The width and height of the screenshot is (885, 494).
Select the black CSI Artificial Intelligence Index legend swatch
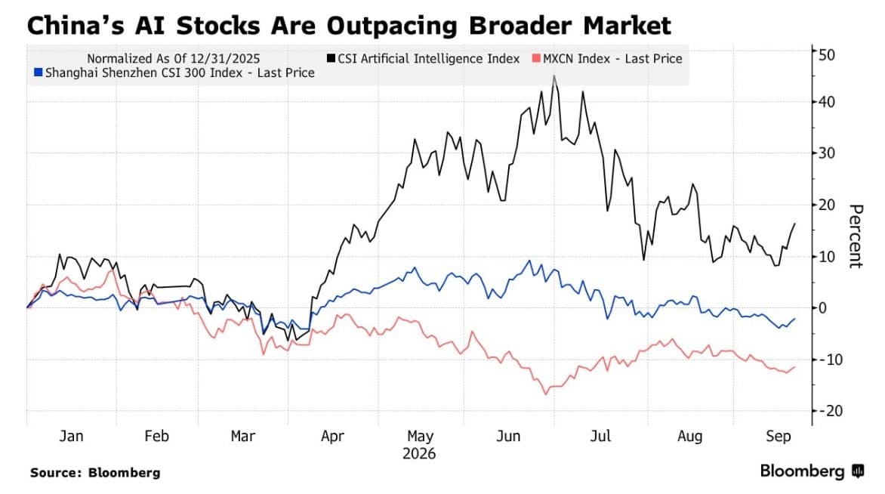tap(331, 58)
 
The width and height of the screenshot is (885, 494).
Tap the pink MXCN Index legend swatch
tap(536, 58)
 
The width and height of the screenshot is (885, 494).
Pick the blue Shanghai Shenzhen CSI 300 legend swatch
tap(39, 73)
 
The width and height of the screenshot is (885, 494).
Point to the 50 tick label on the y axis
tap(827, 55)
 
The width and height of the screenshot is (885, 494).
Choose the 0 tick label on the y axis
tap(822, 308)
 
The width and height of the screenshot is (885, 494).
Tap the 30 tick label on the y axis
tap(827, 153)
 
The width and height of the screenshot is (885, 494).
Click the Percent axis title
tap(856, 236)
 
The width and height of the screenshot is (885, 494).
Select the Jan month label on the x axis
tap(71, 437)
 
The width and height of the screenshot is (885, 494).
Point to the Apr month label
tap(332, 437)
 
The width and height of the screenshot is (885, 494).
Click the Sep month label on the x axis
tap(779, 437)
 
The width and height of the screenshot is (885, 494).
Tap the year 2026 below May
tap(419, 454)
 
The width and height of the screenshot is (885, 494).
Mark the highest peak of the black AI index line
tap(554, 75)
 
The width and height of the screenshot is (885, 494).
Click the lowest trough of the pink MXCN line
tap(546, 394)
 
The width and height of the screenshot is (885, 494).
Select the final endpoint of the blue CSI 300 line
tap(794, 319)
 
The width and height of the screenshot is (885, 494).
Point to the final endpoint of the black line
tap(794, 224)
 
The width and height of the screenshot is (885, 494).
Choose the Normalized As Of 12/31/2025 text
tap(173, 59)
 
